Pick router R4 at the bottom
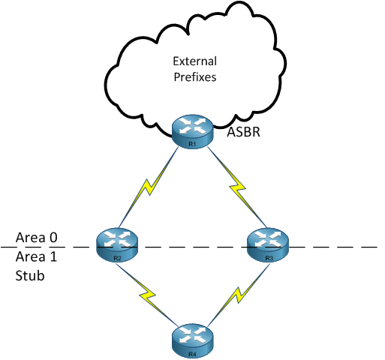(x=192, y=340)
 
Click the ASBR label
(x=243, y=134)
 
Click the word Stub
(x=28, y=276)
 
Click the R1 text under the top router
(x=192, y=142)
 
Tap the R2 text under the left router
(x=118, y=258)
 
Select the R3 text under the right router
(x=268, y=258)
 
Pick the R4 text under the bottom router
(x=192, y=353)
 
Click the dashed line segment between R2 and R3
(x=192, y=246)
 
